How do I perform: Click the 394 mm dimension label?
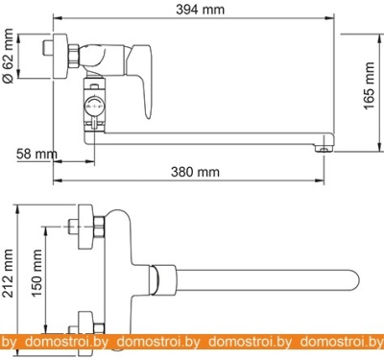pos(201,10)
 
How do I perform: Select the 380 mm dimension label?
pos(195,172)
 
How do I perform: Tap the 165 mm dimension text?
pos(369,85)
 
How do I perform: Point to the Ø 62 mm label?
pos(8,56)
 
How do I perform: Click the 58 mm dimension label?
pos(36,154)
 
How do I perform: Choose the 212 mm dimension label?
pos(8,273)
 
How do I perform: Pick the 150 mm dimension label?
pos(36,273)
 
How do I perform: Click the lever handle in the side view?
pos(141,80)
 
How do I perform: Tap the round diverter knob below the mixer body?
pos(94,106)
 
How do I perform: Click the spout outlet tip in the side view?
pos(324,149)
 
